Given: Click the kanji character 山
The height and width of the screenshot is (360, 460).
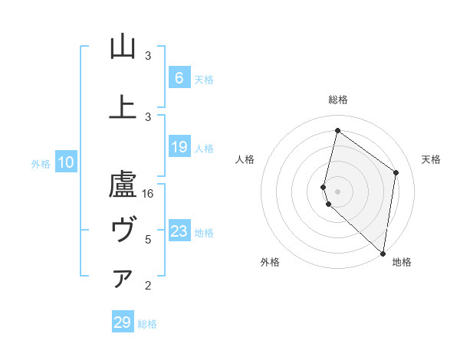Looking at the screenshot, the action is [123, 47].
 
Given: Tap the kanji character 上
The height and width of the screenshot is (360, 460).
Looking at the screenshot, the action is [123, 106].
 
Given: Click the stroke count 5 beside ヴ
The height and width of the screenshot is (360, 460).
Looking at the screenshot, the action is [148, 240].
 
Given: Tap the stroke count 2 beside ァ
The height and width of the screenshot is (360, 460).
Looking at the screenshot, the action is [148, 286].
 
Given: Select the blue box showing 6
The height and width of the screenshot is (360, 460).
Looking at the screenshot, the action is [179, 77].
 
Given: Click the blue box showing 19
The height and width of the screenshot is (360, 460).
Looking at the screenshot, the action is [179, 147].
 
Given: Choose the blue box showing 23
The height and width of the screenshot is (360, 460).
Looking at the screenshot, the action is [179, 231].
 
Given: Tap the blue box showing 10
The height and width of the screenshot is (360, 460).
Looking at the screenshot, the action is [65, 162].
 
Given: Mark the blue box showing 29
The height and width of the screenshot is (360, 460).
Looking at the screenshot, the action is [122, 322].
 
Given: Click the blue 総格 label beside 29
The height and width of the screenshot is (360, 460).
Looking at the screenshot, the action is [147, 324].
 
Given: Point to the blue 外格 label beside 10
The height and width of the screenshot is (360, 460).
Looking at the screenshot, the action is [40, 163].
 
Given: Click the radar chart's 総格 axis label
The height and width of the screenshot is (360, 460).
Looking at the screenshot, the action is [337, 100].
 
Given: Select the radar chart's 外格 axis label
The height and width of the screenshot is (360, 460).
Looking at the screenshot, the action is [270, 262].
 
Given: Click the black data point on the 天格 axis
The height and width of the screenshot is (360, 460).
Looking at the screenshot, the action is [396, 172].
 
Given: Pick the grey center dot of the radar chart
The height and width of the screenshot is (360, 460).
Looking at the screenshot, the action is [337, 191].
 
